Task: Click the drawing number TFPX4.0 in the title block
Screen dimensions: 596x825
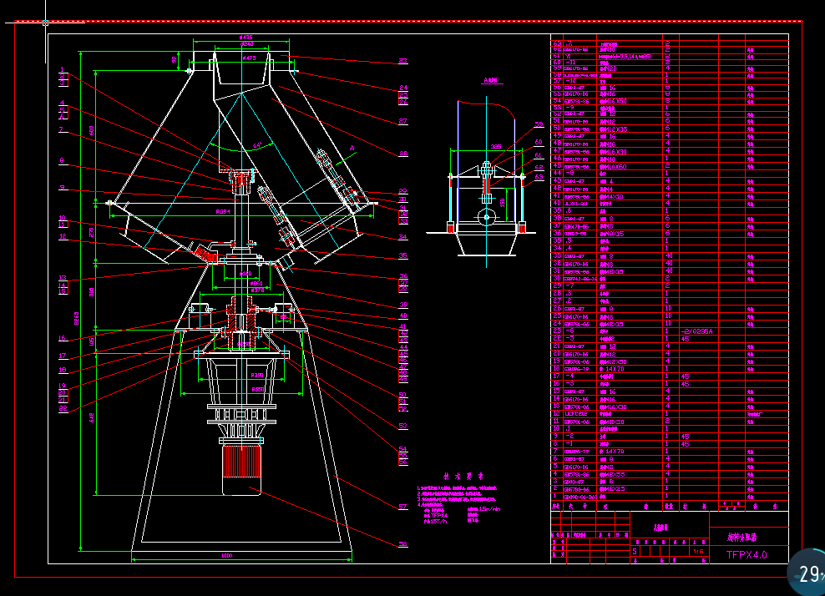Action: [x=746, y=554]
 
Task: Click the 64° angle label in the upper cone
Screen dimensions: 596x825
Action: [x=256, y=144]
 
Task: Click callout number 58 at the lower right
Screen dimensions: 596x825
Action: [x=402, y=544]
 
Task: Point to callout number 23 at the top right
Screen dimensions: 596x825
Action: [x=402, y=61]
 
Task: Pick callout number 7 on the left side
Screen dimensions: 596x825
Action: [x=61, y=130]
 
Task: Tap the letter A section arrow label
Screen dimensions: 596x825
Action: [x=352, y=147]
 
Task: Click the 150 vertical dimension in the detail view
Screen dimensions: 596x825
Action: [x=502, y=201]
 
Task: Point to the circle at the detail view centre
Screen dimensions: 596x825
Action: [x=486, y=216]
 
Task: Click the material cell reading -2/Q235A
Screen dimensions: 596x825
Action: [x=697, y=331]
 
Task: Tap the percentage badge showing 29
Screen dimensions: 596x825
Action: [x=807, y=573]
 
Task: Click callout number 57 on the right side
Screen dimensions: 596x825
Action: [x=402, y=505]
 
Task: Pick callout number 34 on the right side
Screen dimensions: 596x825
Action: [x=402, y=237]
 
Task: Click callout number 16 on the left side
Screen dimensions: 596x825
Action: [x=62, y=338]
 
